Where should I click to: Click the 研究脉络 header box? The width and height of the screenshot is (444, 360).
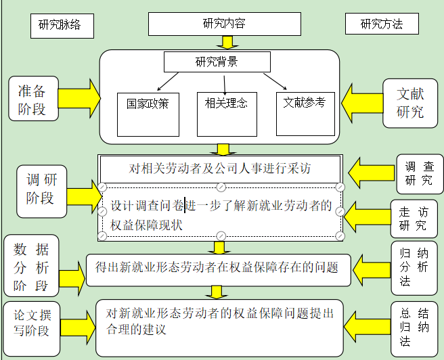pyautogui.click(x=60, y=26)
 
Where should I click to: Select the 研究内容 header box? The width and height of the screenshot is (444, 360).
pyautogui.click(x=224, y=24)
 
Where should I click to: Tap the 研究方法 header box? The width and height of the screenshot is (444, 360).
pyautogui.click(x=382, y=24)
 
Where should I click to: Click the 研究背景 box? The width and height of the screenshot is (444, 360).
pyautogui.click(x=217, y=62)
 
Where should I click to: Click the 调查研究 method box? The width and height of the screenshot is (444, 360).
pyautogui.click(x=419, y=173)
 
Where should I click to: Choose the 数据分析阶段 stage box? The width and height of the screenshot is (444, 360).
pyautogui.click(x=31, y=267)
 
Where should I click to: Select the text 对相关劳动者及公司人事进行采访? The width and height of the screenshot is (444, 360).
pyautogui.click(x=220, y=168)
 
